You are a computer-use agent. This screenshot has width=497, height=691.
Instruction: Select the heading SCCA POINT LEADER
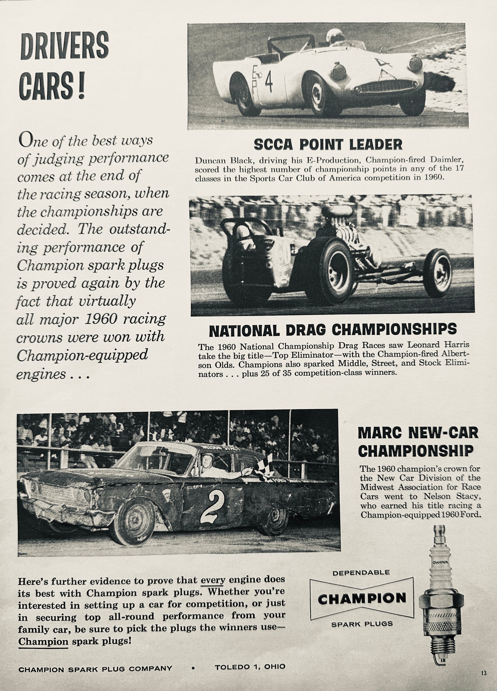tap(328, 145)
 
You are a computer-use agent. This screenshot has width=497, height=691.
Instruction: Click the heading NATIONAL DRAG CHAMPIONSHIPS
tap(333, 330)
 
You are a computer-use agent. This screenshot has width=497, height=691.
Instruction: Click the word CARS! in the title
tap(53, 86)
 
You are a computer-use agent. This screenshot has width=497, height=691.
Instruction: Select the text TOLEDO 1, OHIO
tap(250, 667)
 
